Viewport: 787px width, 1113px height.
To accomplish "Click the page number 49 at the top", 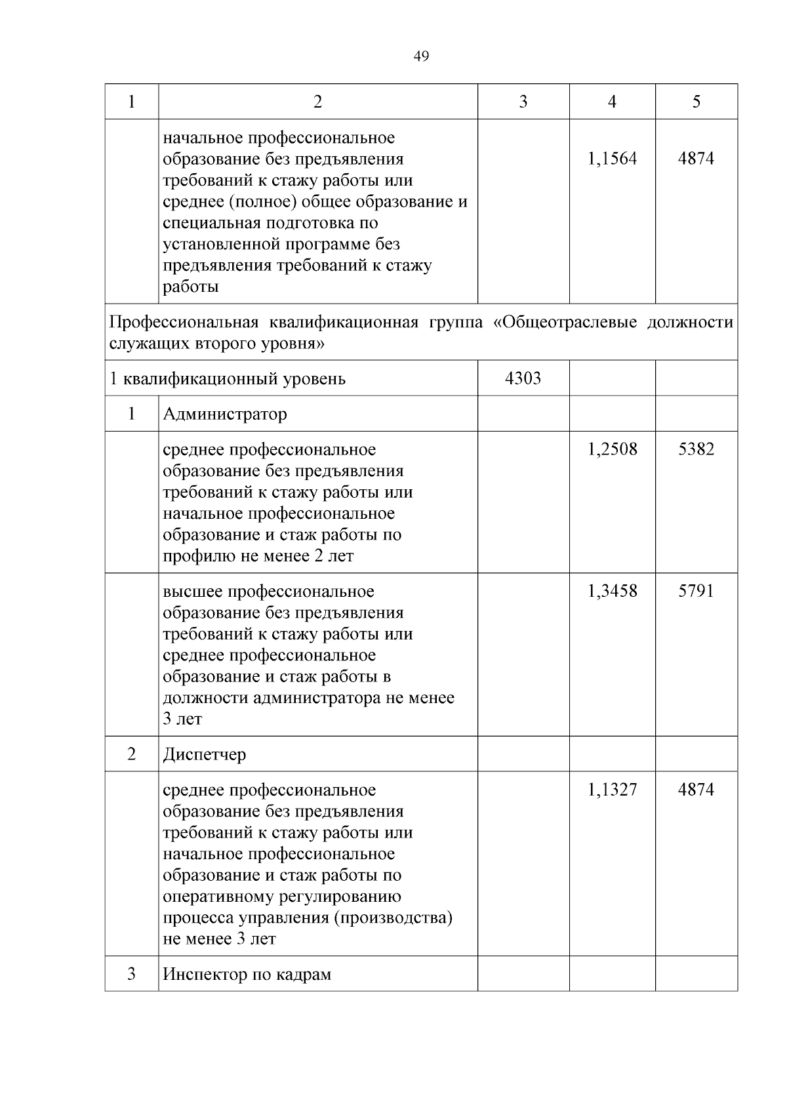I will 422,57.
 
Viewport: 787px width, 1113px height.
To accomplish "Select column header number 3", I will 523,102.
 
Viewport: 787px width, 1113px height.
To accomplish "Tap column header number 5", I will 696,102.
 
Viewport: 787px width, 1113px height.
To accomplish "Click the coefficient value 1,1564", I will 612,159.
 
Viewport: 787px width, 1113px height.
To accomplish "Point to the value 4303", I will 523,378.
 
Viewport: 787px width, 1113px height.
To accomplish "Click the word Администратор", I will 224,415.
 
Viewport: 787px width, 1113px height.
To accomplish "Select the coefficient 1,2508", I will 612,449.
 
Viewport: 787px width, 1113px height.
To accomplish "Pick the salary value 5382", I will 696,449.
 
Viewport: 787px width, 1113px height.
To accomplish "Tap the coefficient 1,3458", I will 612,591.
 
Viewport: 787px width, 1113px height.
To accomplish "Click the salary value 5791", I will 696,591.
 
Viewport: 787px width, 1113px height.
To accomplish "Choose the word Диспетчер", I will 205,754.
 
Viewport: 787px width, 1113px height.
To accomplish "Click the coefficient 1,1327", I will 612,790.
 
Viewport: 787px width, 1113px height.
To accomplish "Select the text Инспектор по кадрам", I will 247,975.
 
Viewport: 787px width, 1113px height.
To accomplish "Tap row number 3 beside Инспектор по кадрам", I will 131,974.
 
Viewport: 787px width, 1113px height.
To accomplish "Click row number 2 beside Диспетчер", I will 131,754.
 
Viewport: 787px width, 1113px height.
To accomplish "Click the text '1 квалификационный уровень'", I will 227,379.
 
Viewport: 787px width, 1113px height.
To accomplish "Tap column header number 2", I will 317,102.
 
